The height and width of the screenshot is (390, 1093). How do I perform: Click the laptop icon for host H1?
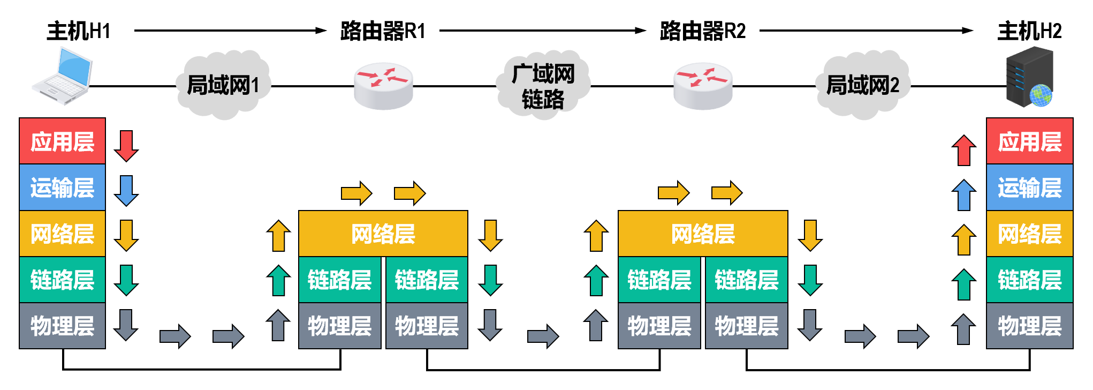click(x=62, y=76)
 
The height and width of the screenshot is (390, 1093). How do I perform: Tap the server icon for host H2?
click(x=1029, y=77)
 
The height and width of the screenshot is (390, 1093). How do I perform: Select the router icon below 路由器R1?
click(x=383, y=86)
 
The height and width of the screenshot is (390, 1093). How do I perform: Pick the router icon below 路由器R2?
click(x=703, y=86)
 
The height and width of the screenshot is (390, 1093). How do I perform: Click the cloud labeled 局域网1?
click(x=223, y=85)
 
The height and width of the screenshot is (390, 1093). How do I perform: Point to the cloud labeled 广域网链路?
click(x=543, y=86)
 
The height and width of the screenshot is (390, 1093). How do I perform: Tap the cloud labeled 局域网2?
click(x=862, y=85)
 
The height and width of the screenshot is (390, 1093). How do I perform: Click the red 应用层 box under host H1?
click(x=62, y=141)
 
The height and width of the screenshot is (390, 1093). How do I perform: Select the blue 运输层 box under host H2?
click(x=1029, y=187)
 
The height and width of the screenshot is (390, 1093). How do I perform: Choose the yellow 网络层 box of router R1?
click(x=383, y=234)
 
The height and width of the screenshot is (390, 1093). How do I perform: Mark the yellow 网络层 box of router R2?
click(x=703, y=234)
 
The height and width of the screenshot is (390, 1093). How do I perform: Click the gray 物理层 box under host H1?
click(x=62, y=326)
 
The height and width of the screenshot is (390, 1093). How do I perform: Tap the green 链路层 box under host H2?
click(x=1029, y=280)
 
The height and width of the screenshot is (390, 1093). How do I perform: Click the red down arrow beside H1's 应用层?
click(x=126, y=146)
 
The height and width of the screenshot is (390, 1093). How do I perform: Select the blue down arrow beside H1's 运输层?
click(x=126, y=191)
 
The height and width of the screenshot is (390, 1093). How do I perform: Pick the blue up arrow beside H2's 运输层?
click(x=963, y=194)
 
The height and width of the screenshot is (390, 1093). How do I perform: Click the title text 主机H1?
click(x=79, y=31)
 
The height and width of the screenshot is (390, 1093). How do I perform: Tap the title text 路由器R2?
click(x=703, y=31)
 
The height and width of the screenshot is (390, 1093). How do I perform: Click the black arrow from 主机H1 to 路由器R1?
click(x=230, y=31)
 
